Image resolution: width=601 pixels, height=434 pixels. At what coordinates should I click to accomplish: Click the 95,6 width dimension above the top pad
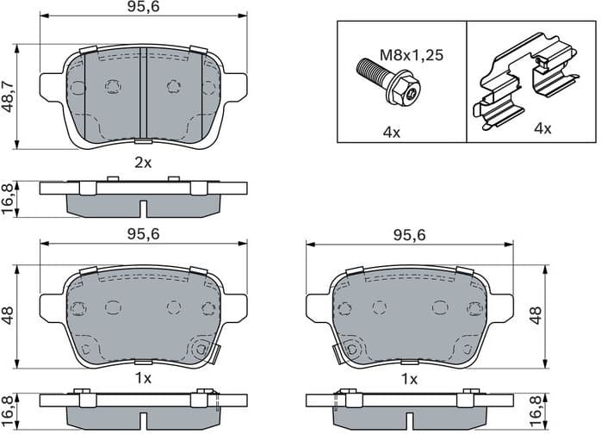[x=144, y=8]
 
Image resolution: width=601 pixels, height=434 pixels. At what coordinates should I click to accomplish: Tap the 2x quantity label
[x=143, y=162]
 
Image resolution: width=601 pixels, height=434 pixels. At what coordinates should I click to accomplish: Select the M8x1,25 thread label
[x=412, y=55]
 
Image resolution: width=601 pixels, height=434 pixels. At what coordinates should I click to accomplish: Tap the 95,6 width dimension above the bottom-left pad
[x=144, y=233]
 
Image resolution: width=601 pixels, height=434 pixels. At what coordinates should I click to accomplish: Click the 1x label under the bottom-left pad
[x=143, y=378]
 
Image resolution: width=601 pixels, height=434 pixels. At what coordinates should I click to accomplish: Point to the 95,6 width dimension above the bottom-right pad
[x=409, y=233]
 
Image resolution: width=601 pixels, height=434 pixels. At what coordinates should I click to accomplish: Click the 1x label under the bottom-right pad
[x=409, y=378]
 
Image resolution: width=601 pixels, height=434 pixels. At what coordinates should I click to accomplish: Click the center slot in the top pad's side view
[x=144, y=208]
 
